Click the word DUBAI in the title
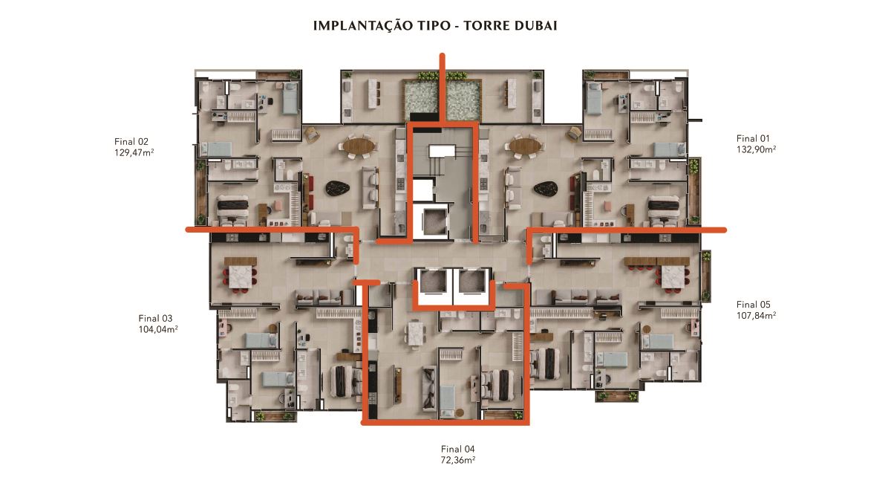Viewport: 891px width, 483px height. click(536, 25)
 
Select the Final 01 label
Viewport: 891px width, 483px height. click(753, 138)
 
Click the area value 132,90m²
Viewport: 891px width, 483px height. click(756, 149)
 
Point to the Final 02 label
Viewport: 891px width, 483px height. click(131, 141)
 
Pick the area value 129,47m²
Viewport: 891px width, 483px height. click(134, 152)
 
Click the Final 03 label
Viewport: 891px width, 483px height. click(155, 318)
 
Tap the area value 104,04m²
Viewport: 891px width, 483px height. click(158, 329)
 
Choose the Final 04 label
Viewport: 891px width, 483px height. click(458, 449)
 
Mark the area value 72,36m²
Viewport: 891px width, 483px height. click(458, 460)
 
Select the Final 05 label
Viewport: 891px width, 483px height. click(754, 305)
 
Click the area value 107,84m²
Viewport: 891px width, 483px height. click(756, 315)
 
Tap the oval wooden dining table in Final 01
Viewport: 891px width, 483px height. click(526, 146)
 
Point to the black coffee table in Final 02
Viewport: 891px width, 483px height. click(339, 188)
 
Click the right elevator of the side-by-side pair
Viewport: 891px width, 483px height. click(473, 282)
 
